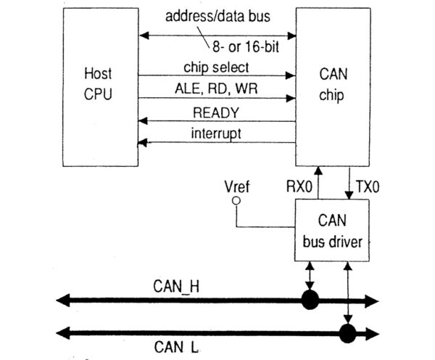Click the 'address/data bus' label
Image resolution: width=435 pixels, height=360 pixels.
(x=220, y=16)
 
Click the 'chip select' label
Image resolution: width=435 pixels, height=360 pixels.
(x=217, y=67)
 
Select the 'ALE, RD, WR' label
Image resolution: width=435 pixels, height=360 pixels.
(x=217, y=89)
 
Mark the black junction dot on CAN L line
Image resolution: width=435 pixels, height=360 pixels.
(x=347, y=333)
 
